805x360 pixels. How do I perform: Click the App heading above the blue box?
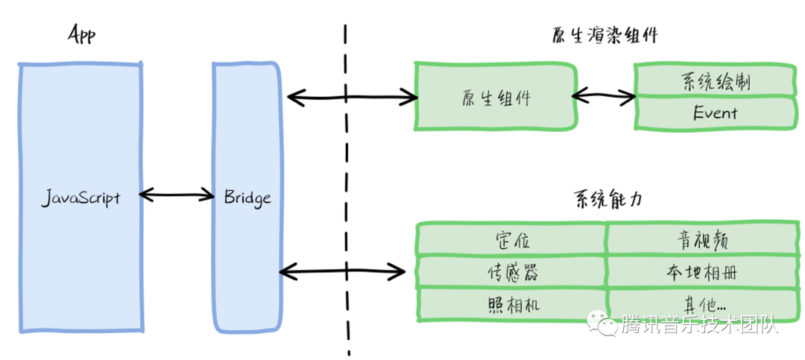coord(82,35)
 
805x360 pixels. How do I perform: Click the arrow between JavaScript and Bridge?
coord(177,194)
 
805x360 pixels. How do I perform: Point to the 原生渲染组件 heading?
coord(604,36)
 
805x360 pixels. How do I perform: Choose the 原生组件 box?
coord(495,97)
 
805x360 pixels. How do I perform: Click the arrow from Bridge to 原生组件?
coord(353,96)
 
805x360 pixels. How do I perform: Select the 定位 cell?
coord(511,239)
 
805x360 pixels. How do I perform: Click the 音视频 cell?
coord(703,239)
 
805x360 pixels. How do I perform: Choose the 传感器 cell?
coord(511,271)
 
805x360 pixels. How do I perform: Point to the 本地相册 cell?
coord(703,271)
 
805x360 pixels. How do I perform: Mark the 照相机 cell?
coord(511,305)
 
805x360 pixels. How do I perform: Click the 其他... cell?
coord(703,305)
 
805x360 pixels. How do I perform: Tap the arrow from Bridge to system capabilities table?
coord(342,270)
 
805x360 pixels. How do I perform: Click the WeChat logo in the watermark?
coord(603,323)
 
